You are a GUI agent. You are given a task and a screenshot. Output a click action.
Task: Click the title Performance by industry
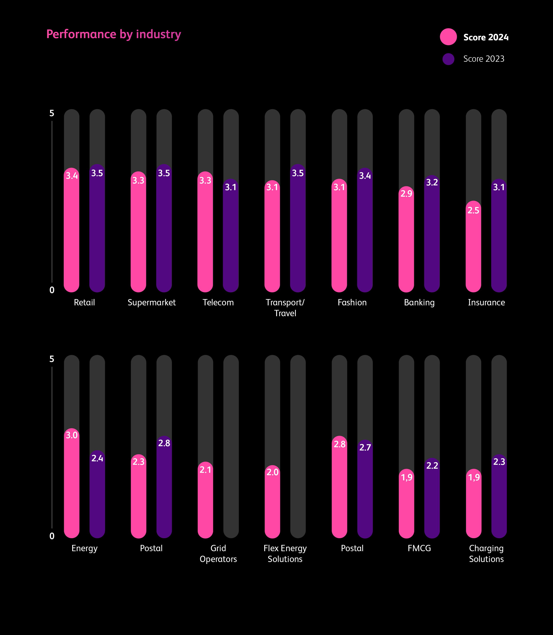(x=114, y=34)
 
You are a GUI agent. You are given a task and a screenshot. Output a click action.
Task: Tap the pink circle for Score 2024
(x=448, y=37)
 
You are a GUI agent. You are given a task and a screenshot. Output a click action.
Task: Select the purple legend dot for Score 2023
(x=448, y=59)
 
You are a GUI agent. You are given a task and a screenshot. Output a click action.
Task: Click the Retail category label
(x=84, y=302)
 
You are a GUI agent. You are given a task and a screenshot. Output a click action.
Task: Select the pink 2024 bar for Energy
(x=72, y=487)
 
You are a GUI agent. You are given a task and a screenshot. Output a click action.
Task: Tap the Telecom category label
(x=218, y=302)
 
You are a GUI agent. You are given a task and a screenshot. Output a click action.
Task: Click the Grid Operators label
(x=218, y=554)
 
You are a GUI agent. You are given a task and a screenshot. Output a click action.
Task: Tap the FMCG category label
(x=419, y=548)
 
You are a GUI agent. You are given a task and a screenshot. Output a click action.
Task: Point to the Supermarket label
(x=152, y=302)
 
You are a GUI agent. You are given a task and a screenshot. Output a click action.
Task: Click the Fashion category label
(x=352, y=302)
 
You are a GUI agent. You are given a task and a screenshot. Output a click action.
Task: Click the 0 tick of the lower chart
(x=52, y=536)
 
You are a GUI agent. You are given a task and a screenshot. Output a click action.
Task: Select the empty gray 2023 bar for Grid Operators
(x=231, y=447)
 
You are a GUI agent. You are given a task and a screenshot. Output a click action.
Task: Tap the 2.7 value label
(x=365, y=447)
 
